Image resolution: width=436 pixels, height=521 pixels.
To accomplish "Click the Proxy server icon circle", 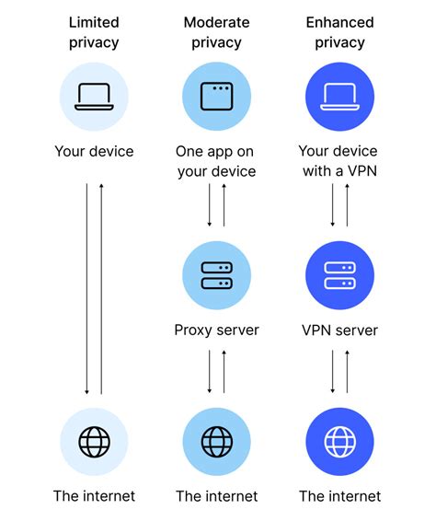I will point(216,275).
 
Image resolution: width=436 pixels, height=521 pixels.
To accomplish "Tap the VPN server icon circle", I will point(339,275).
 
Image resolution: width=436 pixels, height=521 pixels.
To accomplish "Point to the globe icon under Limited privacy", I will point(93,442).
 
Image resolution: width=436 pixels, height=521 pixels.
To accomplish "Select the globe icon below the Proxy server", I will point(216,442).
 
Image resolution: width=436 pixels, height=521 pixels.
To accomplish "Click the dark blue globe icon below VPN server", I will point(339,442).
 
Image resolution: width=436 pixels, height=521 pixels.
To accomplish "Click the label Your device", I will point(93,151).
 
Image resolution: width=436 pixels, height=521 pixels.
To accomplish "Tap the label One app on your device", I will point(216,160).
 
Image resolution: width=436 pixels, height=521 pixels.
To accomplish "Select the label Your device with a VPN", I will point(339,160).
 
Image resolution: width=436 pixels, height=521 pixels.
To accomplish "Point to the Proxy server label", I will point(216,330).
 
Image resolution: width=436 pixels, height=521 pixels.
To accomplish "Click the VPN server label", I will point(339,330).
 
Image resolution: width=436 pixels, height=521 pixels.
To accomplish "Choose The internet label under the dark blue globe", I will point(339,496).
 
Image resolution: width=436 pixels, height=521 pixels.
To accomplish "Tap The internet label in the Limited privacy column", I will point(93,496).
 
